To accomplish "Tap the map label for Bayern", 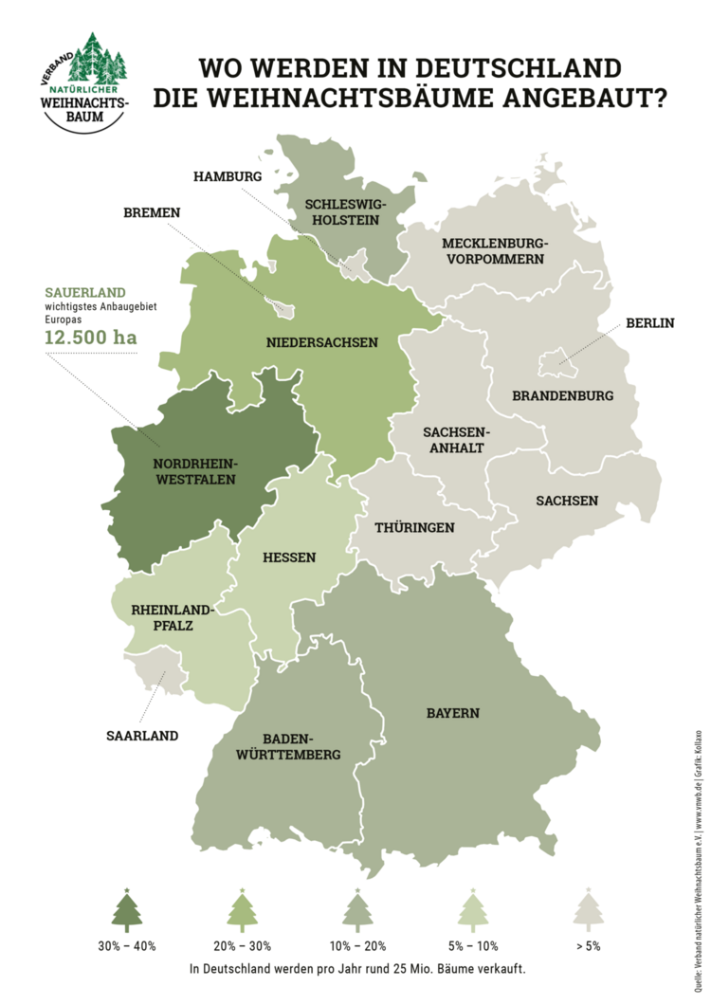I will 452,713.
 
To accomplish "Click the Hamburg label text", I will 227,176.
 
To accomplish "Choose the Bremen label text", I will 152,212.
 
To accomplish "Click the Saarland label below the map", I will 142,735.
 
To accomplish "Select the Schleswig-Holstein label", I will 342,211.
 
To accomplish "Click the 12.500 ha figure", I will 90,336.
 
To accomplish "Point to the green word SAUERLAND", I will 85,292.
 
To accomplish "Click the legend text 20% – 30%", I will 242,945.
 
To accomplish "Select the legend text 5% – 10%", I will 472,945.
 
